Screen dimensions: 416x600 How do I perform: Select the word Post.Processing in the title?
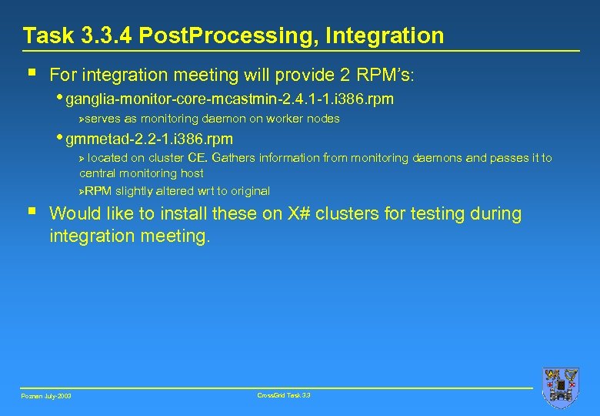point(229,35)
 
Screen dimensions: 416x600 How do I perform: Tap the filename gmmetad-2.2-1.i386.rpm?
point(149,139)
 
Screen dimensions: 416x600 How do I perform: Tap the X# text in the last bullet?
point(299,214)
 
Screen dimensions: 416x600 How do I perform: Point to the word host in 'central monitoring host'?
point(192,174)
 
